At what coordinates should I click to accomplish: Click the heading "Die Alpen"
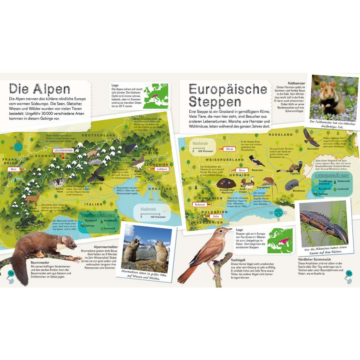tap(39, 89)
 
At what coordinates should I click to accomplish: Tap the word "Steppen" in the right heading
tap(215, 102)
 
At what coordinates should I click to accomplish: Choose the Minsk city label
tap(230, 149)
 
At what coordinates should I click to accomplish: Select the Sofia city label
tap(216, 216)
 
